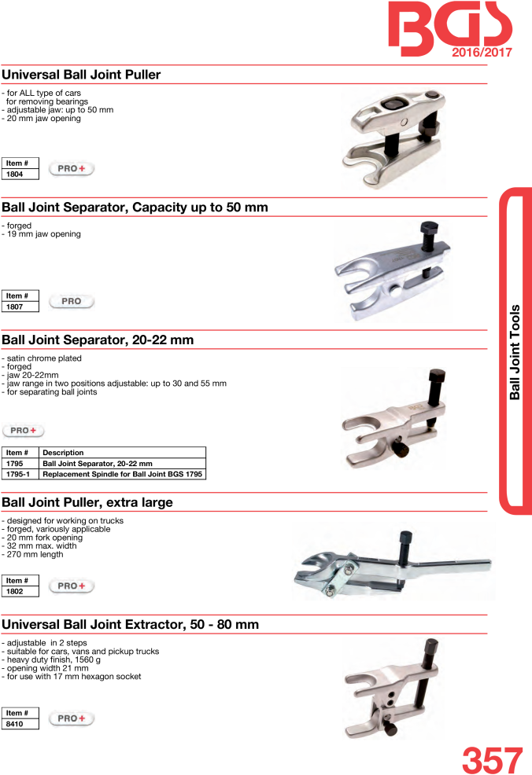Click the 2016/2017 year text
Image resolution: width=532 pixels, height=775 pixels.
[482, 53]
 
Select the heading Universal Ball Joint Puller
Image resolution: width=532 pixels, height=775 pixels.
[81, 75]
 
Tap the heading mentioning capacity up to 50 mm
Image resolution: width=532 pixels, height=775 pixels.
[135, 208]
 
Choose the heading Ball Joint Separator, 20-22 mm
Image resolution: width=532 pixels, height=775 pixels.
[98, 340]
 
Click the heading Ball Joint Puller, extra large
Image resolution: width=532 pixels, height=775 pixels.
[87, 502]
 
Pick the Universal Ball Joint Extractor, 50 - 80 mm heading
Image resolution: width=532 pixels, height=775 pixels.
[130, 625]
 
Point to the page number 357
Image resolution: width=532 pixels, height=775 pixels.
[492, 759]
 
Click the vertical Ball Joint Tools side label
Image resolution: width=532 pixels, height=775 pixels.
[515, 351]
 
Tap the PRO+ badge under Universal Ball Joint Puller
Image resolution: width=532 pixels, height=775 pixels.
[72, 168]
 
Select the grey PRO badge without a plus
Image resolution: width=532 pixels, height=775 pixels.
[72, 302]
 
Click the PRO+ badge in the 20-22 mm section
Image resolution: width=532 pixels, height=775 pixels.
[24, 431]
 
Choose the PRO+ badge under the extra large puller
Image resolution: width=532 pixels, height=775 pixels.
[72, 586]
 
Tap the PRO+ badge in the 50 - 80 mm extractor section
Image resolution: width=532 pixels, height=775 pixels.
[72, 718]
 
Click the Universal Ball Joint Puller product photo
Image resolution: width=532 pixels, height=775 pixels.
[393, 138]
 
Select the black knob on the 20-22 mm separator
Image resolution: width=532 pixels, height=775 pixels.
[399, 450]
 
